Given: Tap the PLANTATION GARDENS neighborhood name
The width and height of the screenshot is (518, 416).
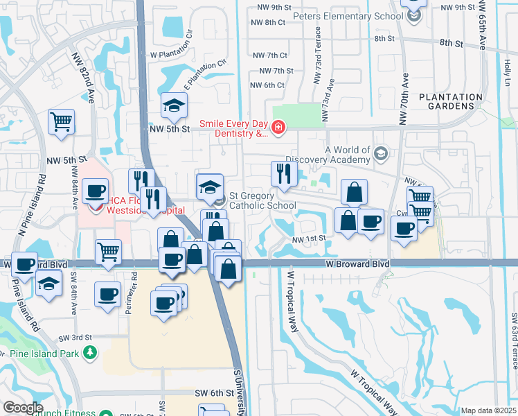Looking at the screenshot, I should tap(451, 102).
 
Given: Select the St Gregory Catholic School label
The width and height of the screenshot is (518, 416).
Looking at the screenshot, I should tap(262, 200).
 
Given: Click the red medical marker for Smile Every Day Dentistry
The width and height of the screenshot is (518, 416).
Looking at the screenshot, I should tap(278, 126).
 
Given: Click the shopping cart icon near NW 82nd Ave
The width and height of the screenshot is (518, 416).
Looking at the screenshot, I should tap(62, 121).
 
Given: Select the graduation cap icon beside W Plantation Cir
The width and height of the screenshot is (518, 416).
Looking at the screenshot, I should tap(174, 105).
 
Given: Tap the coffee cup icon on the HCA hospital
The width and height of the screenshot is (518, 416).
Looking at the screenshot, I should tap(95, 191).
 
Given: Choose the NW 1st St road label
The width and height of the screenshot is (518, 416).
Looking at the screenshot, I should tap(309, 239).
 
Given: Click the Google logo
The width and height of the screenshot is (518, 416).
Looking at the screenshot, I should tap(23, 408).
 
